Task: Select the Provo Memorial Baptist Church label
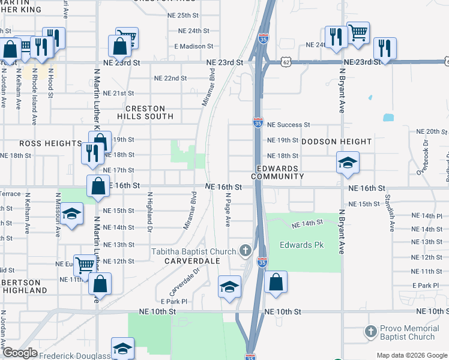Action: pyautogui.click(x=410, y=333)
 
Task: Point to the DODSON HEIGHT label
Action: pyautogui.click(x=336, y=142)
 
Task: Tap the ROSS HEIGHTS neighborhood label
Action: pyautogui.click(x=50, y=143)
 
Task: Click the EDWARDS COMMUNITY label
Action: pyautogui.click(x=277, y=172)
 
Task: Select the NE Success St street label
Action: pyautogui.click(x=288, y=125)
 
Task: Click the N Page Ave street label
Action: pyautogui.click(x=228, y=210)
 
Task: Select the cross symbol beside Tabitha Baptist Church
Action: pyautogui.click(x=245, y=250)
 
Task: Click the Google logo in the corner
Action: pyautogui.click(x=20, y=353)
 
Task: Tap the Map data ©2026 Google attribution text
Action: pyautogui.click(x=411, y=355)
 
